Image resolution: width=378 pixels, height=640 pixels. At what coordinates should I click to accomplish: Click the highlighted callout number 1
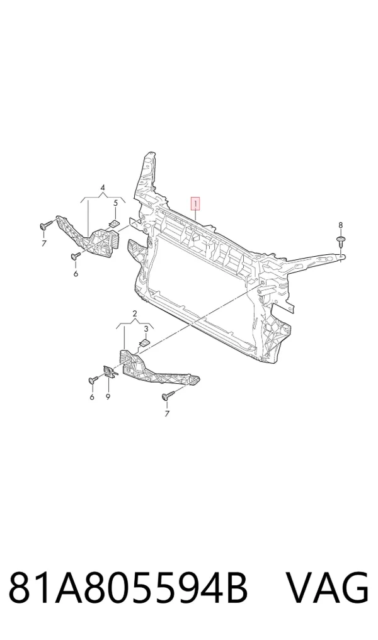pos(196,203)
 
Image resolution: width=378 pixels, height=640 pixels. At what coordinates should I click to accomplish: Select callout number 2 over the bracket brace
pos(134,313)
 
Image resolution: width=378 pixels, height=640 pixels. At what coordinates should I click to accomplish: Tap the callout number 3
pos(146,329)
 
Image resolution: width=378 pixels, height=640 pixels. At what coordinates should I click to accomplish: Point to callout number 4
pos(103,188)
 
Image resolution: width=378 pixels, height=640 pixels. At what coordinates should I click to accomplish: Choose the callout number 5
pos(115,203)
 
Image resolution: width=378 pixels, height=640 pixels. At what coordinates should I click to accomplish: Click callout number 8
pos(340,225)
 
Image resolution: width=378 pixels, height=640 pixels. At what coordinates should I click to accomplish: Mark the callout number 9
pos(108,396)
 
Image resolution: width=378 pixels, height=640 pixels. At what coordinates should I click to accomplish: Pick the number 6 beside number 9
pos(91,396)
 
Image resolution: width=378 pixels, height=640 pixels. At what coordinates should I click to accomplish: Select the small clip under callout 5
pos(115,223)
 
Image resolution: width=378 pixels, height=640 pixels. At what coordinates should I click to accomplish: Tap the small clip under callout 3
pos(144,342)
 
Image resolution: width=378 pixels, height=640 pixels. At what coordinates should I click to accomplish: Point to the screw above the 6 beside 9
pos(93,380)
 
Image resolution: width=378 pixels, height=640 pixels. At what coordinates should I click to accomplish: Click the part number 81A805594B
pos(128,588)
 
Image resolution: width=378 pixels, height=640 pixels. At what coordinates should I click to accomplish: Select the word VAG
pos(327,588)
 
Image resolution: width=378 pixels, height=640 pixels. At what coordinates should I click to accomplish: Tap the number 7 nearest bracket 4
pos(44,244)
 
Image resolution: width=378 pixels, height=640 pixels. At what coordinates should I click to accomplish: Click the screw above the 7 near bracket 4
pos(46,224)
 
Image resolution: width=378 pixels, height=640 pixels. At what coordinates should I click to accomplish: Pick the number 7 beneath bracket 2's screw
pos(167,414)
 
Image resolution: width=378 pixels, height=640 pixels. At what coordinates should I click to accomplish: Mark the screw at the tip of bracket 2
pos(168,395)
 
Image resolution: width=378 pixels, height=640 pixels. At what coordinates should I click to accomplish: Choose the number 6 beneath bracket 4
pos(76,274)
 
